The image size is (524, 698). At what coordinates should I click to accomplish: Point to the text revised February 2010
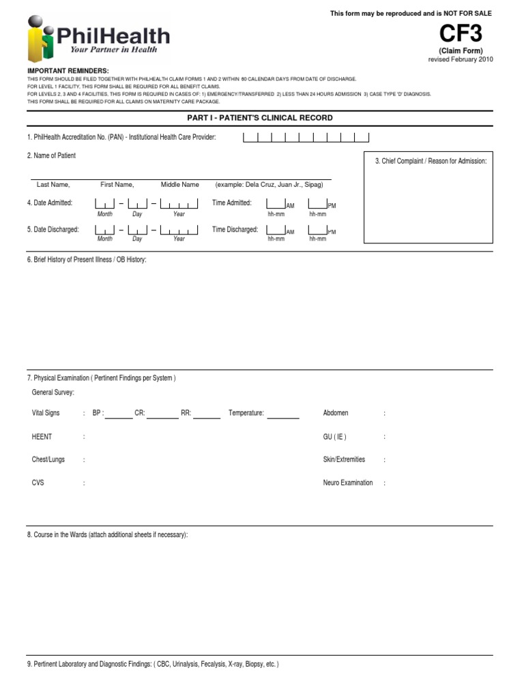460,59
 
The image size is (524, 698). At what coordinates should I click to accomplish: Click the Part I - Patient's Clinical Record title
260,118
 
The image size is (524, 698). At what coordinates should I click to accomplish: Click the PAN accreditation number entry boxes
306,138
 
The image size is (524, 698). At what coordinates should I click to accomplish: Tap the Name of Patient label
51,156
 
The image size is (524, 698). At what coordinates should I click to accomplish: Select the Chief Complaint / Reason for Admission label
431,161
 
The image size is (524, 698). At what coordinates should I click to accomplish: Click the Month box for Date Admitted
105,203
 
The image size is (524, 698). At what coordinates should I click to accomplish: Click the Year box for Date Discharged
179,230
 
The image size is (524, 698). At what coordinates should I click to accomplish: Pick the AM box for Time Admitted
276,203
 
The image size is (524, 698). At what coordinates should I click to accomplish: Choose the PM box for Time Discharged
317,230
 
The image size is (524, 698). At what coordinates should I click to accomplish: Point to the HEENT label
42,436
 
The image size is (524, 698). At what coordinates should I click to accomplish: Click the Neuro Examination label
348,483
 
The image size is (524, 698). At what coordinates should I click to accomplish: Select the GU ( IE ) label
334,436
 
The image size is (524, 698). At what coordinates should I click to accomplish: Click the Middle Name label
180,185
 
